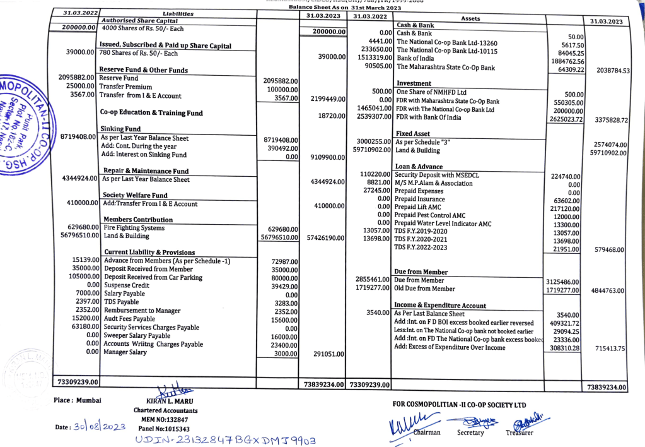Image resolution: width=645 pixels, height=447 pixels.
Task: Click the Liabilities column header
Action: click(178, 13)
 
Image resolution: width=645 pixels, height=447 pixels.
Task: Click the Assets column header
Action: click(470, 19)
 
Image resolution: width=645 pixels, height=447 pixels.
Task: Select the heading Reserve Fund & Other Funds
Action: click(144, 70)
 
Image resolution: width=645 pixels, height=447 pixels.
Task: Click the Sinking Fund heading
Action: click(122, 129)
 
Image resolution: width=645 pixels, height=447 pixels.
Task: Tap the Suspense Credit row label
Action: click(127, 285)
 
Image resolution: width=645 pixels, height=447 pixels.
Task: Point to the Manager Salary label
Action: click(126, 352)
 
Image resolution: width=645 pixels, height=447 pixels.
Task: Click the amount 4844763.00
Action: click(608, 290)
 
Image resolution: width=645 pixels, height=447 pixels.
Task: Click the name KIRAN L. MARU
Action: click(166, 401)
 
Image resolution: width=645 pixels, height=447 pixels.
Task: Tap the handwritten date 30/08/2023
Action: click(95, 427)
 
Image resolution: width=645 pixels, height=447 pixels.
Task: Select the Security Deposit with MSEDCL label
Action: click(436, 175)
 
